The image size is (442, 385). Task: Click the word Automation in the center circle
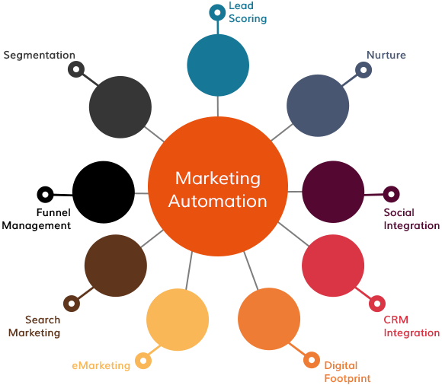point(217,201)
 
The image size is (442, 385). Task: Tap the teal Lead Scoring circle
point(218,65)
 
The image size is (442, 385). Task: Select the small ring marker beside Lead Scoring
point(217,12)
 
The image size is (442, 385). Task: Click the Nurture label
point(386,55)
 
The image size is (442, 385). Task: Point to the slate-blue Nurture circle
point(318,106)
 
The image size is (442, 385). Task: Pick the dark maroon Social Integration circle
point(333,192)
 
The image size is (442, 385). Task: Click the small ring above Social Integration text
point(391,194)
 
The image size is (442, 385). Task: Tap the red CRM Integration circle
point(333,266)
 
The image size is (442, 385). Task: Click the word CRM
point(396,320)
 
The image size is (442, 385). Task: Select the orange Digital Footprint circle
point(269,319)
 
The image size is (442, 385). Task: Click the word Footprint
point(348,378)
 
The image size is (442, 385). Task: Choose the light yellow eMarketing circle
point(178,320)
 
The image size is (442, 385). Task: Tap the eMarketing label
point(101,365)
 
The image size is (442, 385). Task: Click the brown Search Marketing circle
point(116,266)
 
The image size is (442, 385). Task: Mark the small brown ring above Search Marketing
point(72,304)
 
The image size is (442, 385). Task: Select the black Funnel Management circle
point(104,192)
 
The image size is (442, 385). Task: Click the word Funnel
point(53,212)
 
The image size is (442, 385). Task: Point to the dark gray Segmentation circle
point(120,107)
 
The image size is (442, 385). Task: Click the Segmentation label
point(39,55)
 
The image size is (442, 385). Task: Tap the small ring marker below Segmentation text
point(76,69)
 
